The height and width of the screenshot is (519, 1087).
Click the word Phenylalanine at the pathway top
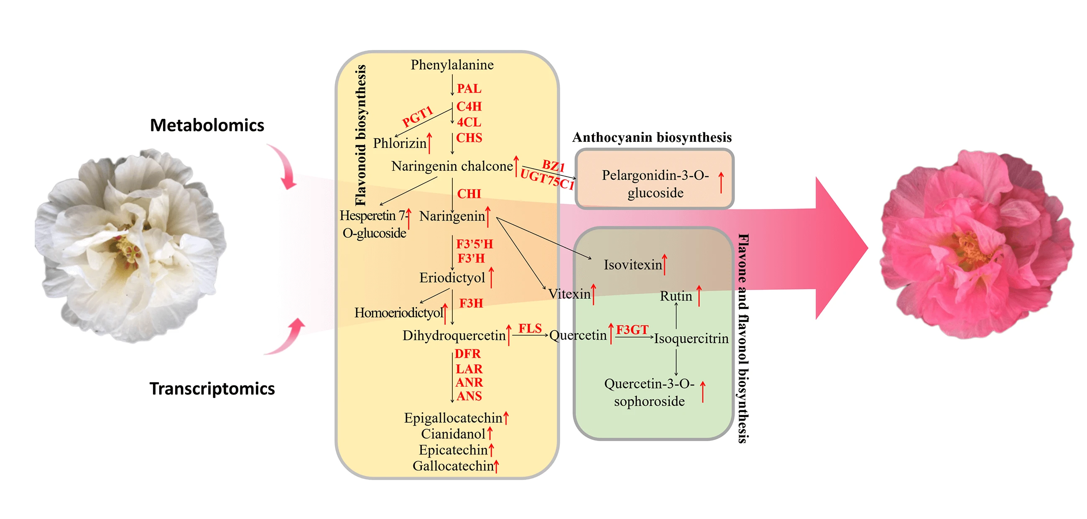tap(452, 65)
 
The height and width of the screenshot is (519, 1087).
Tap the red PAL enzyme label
tap(469, 89)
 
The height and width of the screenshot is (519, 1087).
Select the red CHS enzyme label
tap(469, 138)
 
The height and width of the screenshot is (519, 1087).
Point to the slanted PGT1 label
tap(417, 116)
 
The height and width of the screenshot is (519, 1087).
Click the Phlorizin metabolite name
tap(400, 144)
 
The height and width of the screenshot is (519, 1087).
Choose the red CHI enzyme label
tap(469, 194)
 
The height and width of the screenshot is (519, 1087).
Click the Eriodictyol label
tap(452, 278)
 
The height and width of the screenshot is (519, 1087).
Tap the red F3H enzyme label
tap(471, 303)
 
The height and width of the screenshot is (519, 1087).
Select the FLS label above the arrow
tap(530, 328)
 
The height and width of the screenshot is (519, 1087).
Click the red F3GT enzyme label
tap(632, 329)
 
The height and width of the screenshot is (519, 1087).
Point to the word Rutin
tap(676, 296)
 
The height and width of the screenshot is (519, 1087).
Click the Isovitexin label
tap(633, 265)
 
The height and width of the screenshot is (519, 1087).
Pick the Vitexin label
tap(569, 294)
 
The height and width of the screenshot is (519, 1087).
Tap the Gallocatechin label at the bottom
tap(453, 466)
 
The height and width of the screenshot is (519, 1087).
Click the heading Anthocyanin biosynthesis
tap(651, 138)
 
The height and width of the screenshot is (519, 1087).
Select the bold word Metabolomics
tap(207, 126)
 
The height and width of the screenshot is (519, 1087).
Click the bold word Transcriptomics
tap(212, 389)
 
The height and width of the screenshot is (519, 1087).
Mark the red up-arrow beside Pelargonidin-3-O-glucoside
tap(721, 182)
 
